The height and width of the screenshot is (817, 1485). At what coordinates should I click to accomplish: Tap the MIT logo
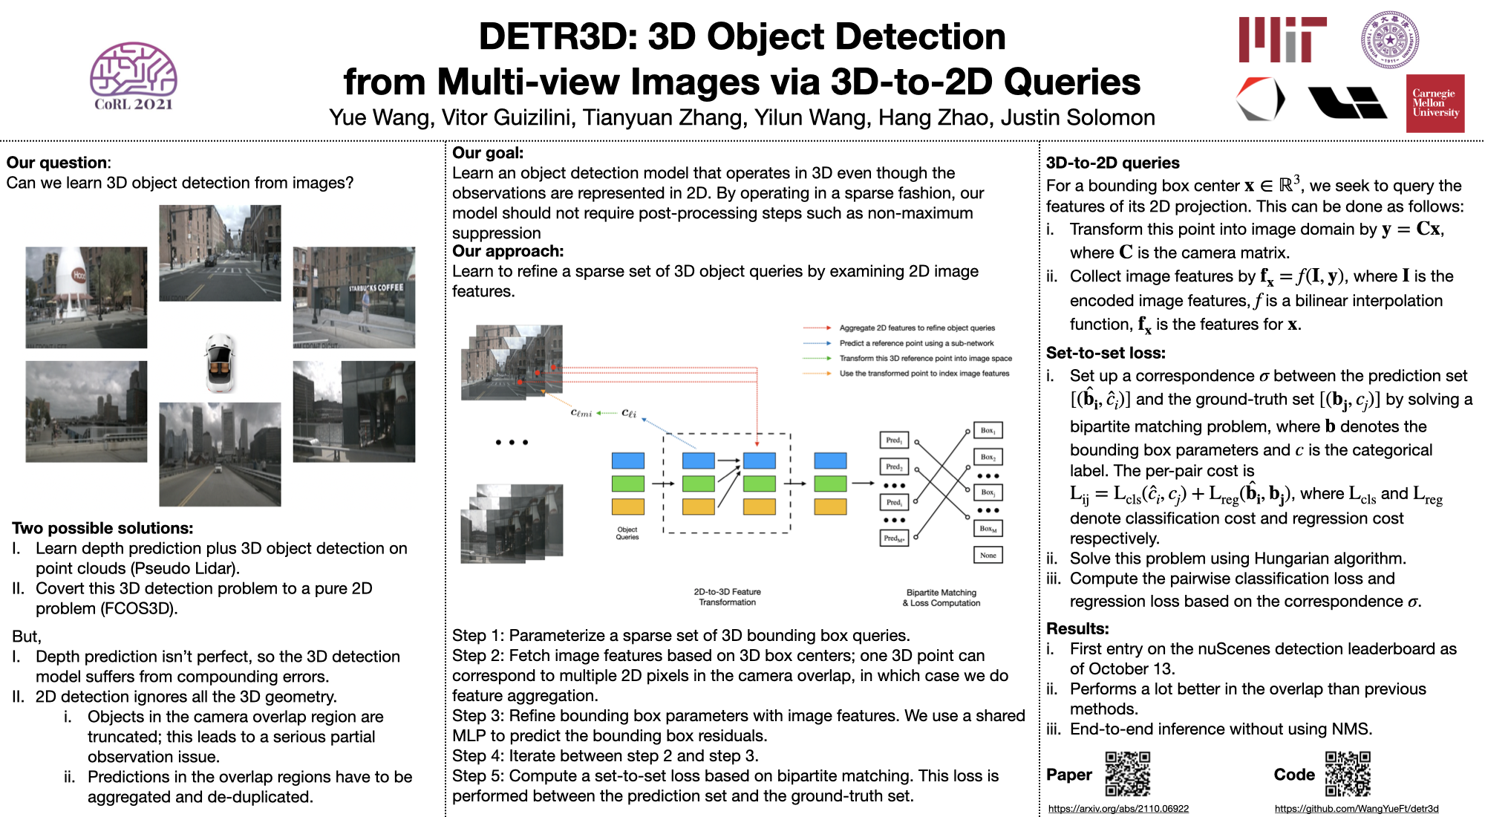click(1282, 40)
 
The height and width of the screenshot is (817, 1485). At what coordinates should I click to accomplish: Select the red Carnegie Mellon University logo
click(1435, 103)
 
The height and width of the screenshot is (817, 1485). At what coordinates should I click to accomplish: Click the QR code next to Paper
click(1127, 774)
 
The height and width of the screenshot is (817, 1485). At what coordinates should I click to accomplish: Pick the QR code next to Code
click(1348, 774)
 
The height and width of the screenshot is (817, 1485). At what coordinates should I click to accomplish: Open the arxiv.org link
click(1118, 808)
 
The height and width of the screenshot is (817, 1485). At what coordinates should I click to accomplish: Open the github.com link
click(1357, 808)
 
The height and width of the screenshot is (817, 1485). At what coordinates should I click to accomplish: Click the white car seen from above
click(220, 362)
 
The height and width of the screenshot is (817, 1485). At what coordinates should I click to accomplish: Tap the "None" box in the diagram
click(988, 555)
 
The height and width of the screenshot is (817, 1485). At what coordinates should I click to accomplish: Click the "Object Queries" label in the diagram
click(627, 533)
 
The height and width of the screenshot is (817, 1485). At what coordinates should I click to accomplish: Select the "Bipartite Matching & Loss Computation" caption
click(941, 598)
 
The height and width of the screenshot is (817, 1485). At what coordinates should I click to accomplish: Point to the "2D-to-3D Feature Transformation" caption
click(727, 597)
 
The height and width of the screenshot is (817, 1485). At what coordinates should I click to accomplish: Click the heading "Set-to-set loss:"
click(1106, 353)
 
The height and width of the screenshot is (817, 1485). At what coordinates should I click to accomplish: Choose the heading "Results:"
click(1077, 628)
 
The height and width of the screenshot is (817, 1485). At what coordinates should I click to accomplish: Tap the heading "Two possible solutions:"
click(102, 528)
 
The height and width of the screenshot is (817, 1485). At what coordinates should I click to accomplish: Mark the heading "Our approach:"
click(508, 251)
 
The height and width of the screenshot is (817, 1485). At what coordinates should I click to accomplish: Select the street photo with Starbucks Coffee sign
click(353, 297)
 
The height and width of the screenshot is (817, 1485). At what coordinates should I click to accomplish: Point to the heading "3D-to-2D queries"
click(1112, 163)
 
